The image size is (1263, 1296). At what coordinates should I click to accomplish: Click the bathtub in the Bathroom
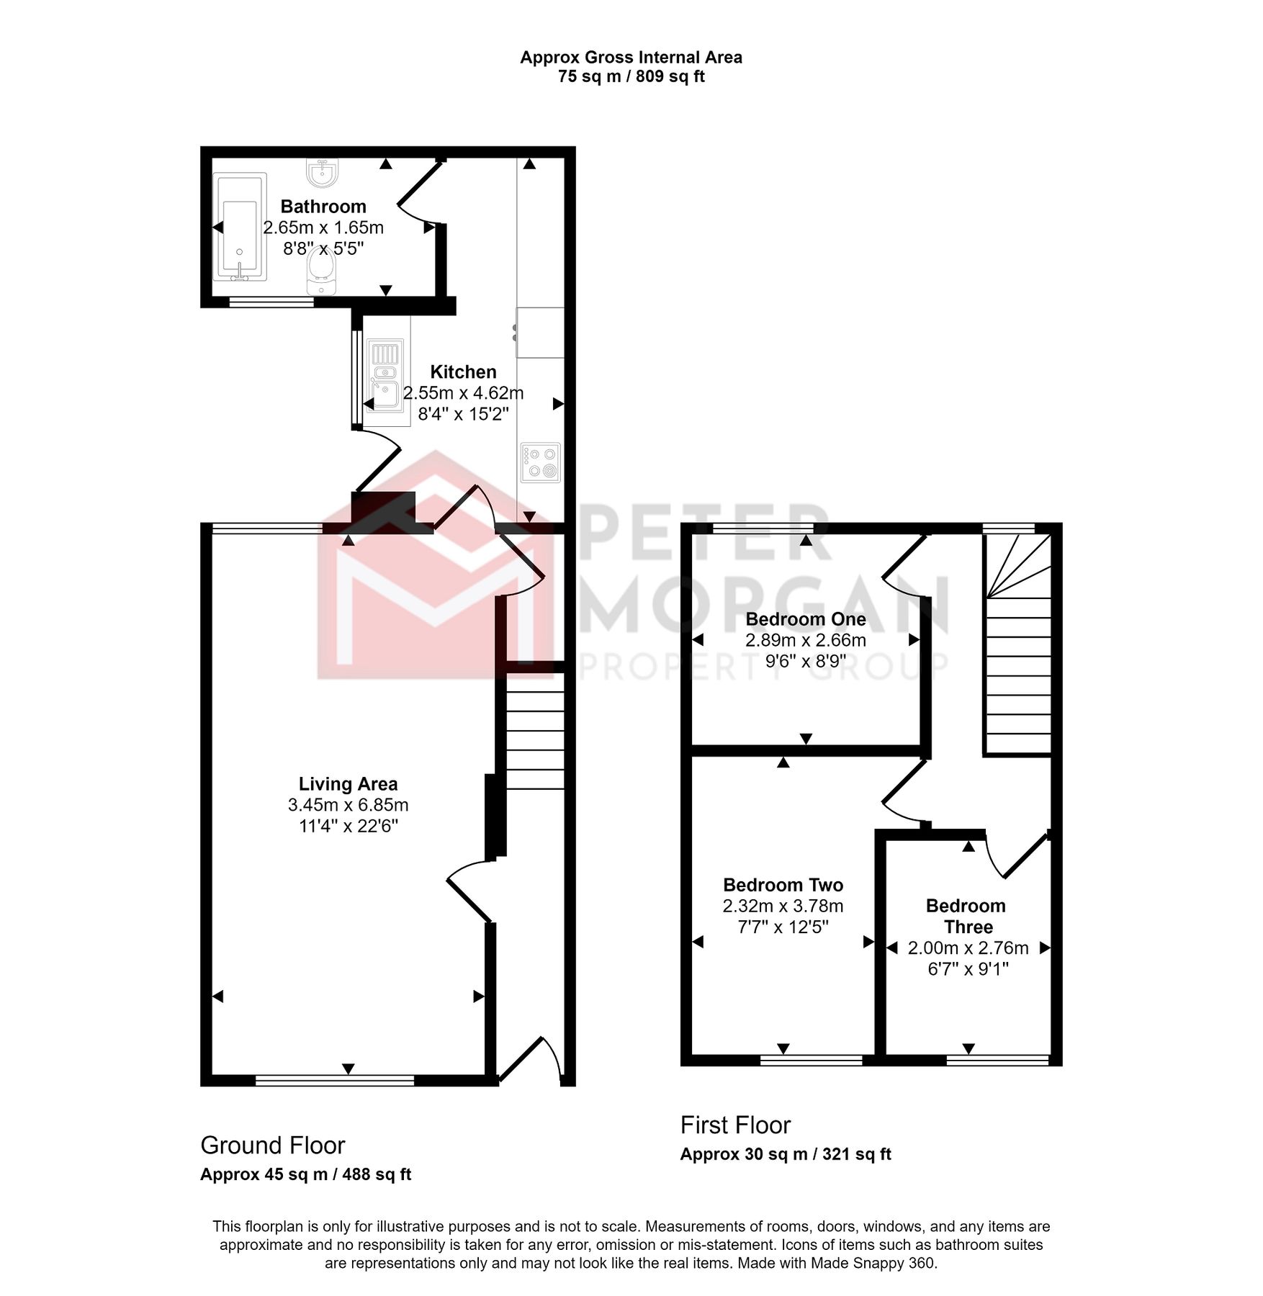point(240,227)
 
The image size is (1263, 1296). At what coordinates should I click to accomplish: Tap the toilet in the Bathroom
point(321,276)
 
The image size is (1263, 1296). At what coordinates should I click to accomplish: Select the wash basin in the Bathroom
point(321,173)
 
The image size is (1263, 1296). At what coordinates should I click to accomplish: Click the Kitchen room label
point(463,372)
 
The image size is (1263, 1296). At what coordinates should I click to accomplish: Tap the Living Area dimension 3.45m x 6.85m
point(348,805)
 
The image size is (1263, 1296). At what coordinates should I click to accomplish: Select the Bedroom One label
point(805,619)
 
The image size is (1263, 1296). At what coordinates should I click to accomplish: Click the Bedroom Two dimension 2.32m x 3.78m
point(783,906)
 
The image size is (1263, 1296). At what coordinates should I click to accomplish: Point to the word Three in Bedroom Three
point(968,927)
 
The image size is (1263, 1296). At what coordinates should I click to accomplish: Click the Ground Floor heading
point(272,1145)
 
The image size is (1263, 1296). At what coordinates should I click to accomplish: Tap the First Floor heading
point(735,1125)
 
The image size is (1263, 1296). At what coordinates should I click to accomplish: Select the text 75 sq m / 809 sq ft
point(631,76)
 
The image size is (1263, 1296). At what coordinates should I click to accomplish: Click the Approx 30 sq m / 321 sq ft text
point(785,1154)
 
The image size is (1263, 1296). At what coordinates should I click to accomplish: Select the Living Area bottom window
point(335,1080)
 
